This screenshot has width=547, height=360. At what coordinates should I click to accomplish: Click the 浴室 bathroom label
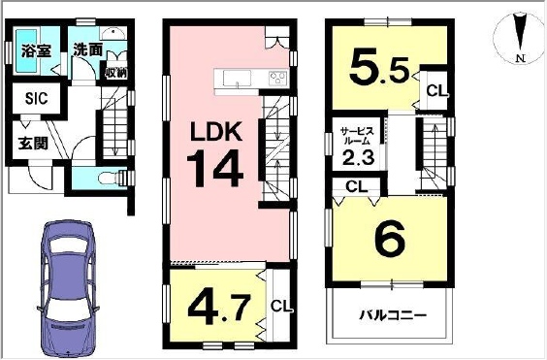point(36,51)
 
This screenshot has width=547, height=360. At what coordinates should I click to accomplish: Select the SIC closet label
point(36,98)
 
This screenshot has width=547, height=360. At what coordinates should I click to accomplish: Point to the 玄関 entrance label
point(33,143)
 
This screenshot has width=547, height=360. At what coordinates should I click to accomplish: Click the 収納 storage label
point(116,74)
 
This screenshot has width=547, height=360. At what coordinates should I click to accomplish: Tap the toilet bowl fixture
point(109,179)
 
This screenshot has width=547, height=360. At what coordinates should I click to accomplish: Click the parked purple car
point(68,289)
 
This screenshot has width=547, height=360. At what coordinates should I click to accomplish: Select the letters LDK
point(216,131)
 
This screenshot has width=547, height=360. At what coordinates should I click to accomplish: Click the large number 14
point(215,168)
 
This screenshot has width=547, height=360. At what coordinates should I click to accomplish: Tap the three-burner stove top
point(278,78)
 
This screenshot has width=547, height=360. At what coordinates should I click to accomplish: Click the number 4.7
point(219,308)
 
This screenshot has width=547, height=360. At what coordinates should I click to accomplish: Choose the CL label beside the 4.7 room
point(281,308)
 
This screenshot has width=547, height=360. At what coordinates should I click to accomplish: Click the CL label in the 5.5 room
point(436,91)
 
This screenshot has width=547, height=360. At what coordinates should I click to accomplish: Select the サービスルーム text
point(357,137)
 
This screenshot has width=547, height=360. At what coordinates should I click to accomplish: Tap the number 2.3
point(358,157)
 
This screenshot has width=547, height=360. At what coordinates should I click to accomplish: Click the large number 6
point(390,238)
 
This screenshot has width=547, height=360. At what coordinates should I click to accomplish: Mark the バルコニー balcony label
point(393,316)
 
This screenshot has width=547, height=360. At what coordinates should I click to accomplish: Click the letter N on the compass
point(521,59)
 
